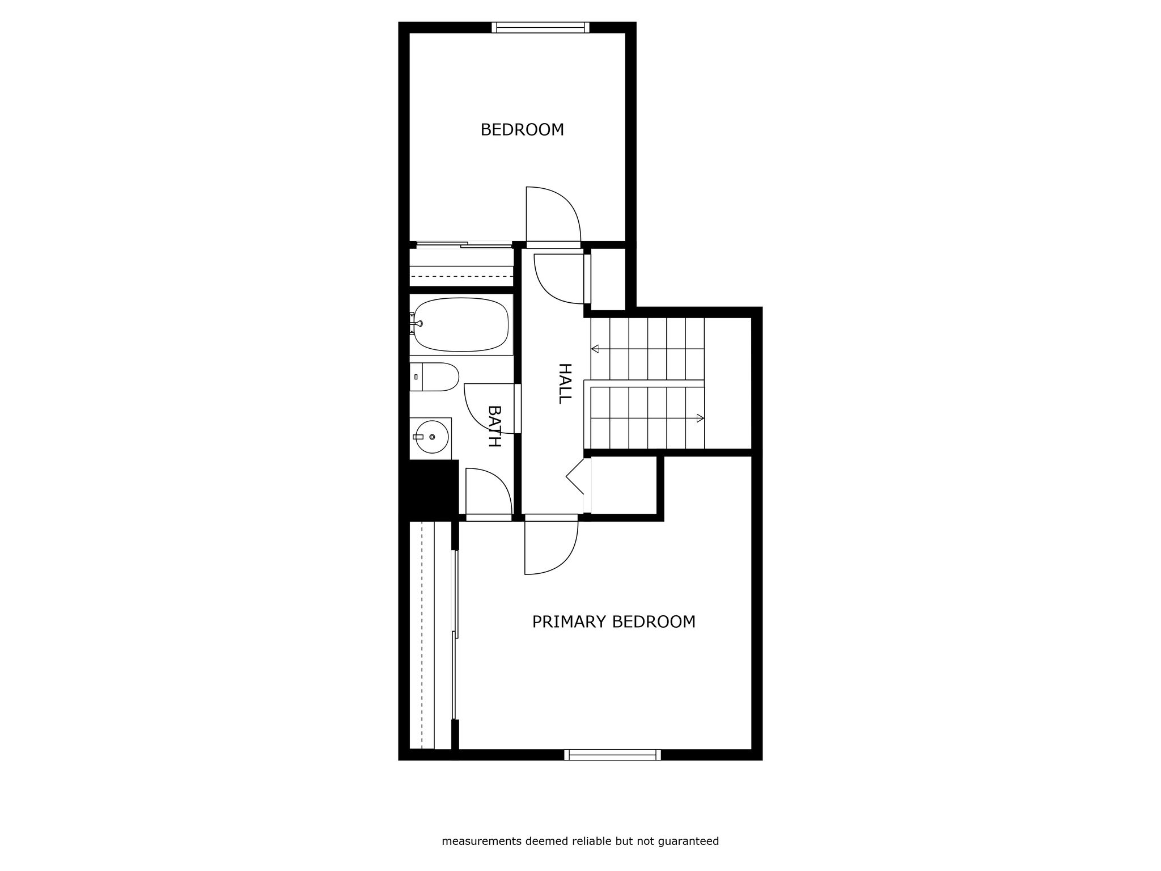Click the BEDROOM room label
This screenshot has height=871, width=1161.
point(522,130)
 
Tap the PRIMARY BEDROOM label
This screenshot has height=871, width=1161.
point(613,622)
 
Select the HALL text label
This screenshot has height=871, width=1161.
point(565,383)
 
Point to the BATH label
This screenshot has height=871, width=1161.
point(494,426)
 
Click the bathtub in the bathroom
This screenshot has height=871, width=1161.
point(461,325)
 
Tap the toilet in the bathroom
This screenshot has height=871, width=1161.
point(434,377)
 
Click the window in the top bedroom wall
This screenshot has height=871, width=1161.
point(540,27)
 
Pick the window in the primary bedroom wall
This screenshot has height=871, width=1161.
point(612,755)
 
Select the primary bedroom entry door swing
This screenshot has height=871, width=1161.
point(570,559)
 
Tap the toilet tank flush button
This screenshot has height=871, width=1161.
point(416,377)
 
